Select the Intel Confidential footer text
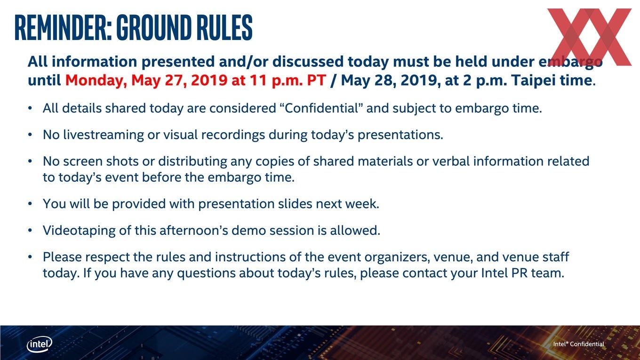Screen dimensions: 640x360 (x=578, y=344)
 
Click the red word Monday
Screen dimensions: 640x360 (x=96, y=80)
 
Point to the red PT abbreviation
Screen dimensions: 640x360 (x=316, y=80)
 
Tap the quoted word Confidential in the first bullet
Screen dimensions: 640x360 (x=322, y=108)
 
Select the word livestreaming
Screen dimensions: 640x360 (x=104, y=135)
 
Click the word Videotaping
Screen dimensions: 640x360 (x=79, y=231)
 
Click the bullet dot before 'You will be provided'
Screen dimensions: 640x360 (x=30, y=204)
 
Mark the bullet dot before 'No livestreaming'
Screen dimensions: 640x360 (x=30, y=135)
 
